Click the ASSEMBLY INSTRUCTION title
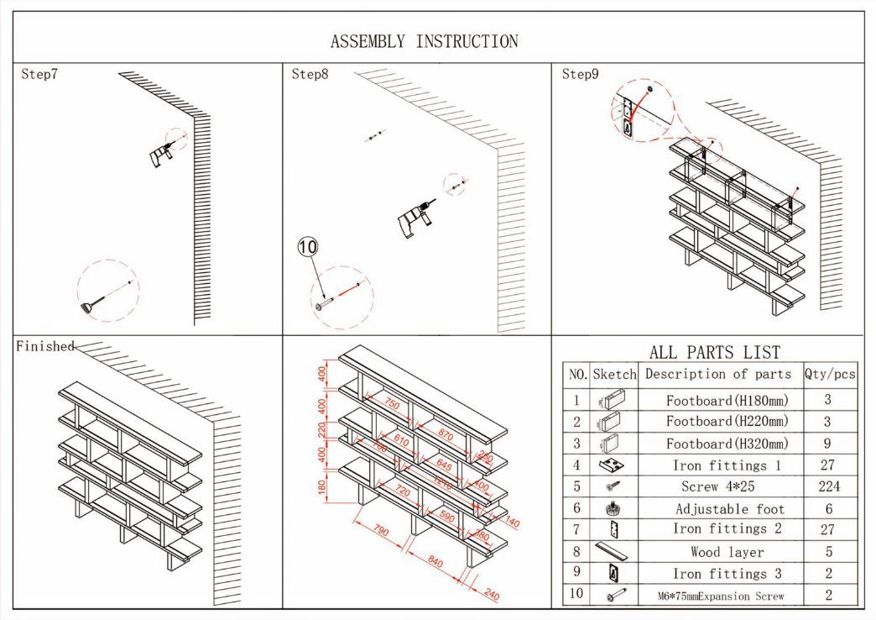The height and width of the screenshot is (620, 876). (x=424, y=41)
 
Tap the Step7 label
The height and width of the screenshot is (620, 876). (x=39, y=74)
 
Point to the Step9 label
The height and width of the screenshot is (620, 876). (x=581, y=74)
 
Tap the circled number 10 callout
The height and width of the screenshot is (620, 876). (x=309, y=246)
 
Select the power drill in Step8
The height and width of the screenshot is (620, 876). (x=414, y=218)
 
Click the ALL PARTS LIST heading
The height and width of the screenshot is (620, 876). (x=715, y=352)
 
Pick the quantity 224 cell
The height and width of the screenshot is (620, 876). (x=829, y=486)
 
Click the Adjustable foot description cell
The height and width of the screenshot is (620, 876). (x=729, y=508)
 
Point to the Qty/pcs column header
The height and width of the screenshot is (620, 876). (x=829, y=375)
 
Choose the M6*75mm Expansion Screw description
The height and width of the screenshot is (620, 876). (x=721, y=596)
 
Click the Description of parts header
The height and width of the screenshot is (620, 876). (x=718, y=375)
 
